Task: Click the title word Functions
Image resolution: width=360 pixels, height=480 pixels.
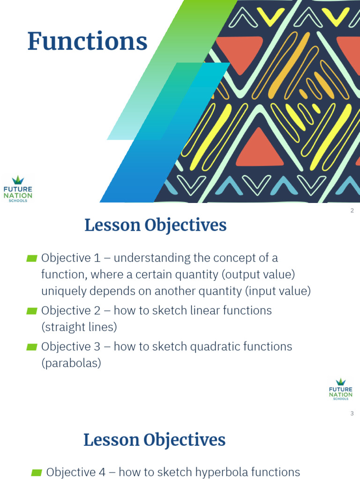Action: (x=88, y=41)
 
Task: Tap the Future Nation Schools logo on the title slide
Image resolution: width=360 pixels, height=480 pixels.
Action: (x=18, y=189)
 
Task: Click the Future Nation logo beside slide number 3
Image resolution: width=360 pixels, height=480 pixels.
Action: (x=340, y=389)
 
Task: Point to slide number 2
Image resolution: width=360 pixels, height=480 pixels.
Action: (x=352, y=210)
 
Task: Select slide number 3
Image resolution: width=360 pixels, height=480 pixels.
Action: (x=352, y=413)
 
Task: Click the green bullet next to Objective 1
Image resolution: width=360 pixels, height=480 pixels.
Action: (x=32, y=258)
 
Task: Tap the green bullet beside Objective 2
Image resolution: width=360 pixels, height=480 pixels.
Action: (x=32, y=311)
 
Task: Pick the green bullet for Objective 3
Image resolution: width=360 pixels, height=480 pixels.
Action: (x=32, y=347)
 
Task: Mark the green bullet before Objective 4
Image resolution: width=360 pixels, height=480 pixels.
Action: (x=37, y=472)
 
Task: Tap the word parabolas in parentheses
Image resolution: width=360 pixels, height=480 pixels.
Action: (x=71, y=363)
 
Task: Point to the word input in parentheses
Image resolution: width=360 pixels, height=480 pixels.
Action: (x=261, y=291)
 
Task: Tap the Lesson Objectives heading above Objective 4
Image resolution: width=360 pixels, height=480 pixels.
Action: (x=155, y=440)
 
